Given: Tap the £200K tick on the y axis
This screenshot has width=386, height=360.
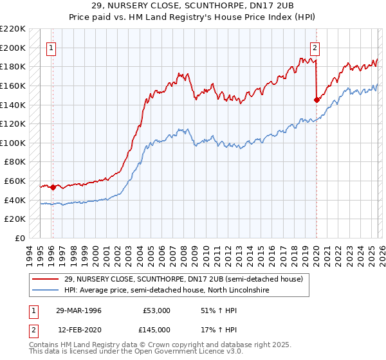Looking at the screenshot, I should tap(13, 48).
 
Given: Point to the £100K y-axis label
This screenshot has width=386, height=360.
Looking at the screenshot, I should tap(13, 143).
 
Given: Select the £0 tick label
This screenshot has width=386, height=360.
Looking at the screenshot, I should tap(21, 238).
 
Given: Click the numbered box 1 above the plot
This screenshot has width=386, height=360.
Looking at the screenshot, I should tap(51, 47).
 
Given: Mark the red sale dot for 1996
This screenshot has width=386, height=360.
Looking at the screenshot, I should tap(53, 187).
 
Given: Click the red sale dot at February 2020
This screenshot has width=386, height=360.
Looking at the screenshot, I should tap(317, 100).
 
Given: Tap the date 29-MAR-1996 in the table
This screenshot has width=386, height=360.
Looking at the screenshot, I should tap(78, 310).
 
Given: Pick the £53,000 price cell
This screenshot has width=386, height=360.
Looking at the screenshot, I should tap(156, 310).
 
